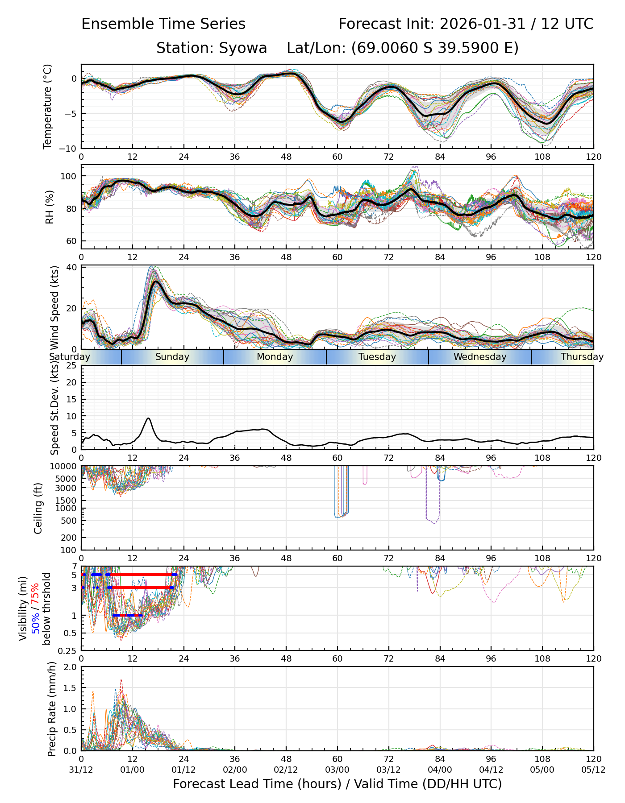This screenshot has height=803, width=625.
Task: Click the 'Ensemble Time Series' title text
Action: [163, 24]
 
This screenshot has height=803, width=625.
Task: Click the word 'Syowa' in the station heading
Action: [243, 48]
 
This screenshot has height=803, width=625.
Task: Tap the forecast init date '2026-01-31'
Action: [482, 24]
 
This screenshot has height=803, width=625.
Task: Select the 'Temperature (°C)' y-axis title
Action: [48, 106]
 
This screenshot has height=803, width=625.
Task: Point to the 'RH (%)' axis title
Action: [50, 207]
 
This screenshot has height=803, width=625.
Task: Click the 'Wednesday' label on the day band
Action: [480, 357]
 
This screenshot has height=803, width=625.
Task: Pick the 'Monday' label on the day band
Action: [275, 357]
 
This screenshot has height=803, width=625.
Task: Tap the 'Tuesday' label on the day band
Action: [377, 357]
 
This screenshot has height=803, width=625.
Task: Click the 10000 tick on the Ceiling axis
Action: [65, 467]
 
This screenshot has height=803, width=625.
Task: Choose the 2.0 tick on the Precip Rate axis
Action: [71, 667]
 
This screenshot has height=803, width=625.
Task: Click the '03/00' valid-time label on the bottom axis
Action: [337, 770]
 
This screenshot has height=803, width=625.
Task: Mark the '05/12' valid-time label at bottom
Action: [593, 770]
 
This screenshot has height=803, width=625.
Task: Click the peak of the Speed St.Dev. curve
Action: [148, 418]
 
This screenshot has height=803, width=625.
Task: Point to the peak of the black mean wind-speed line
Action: [155, 281]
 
